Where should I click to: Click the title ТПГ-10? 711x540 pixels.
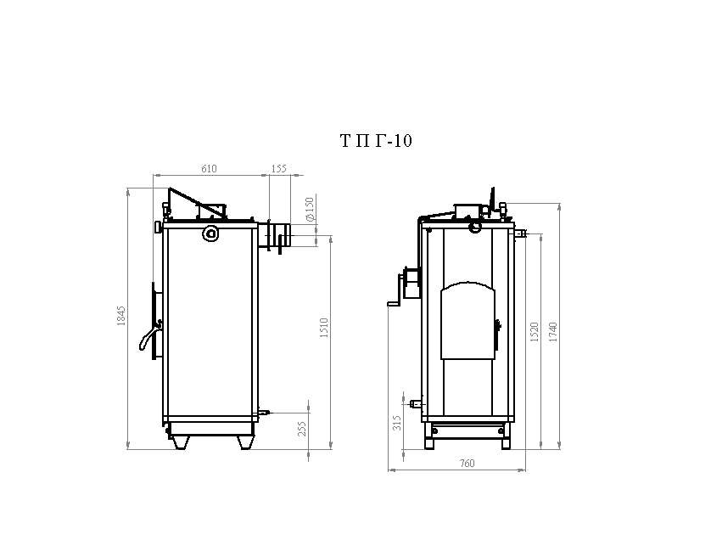coord(376,141)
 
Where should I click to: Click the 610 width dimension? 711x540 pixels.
coord(209,169)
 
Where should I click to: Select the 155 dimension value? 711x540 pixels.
coord(279,169)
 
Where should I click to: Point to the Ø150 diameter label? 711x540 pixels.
coord(311,209)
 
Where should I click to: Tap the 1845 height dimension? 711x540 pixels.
coord(121,317)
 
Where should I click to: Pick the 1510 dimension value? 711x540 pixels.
coord(324,328)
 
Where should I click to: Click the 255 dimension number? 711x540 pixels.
coord(302,430)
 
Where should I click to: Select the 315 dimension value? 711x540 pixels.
coord(397,424)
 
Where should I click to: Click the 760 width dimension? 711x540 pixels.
coord(467,464)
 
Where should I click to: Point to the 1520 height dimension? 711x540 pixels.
coord(535,332)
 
